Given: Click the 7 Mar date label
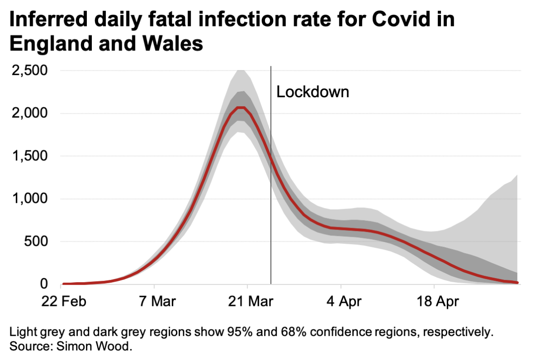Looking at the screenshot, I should tap(154, 301).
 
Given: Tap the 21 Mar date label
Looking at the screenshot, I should tap(247, 301).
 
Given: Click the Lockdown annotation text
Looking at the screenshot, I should tap(313, 92).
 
